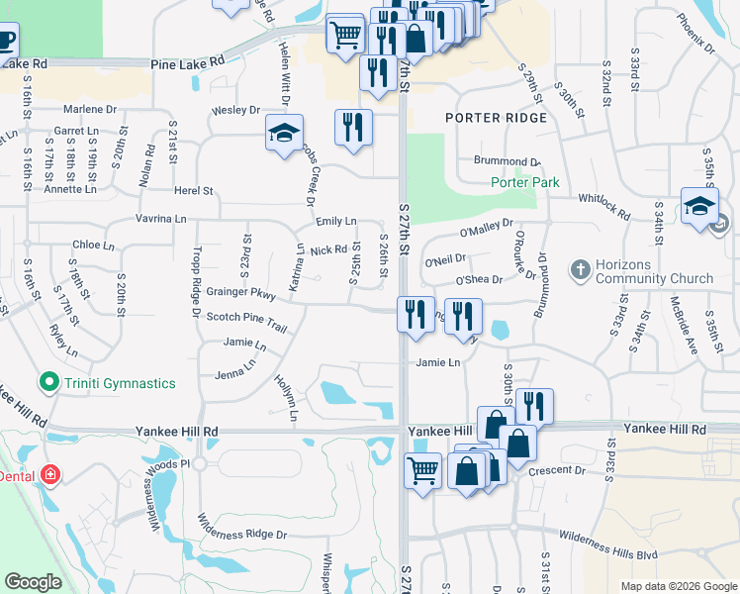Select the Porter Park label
(x=524, y=182)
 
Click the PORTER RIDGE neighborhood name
(x=496, y=118)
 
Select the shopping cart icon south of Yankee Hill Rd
(x=423, y=470)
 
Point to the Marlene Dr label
(x=90, y=110)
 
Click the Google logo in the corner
(x=33, y=582)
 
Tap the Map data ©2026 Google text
(x=678, y=586)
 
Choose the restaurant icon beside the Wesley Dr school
(x=353, y=127)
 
